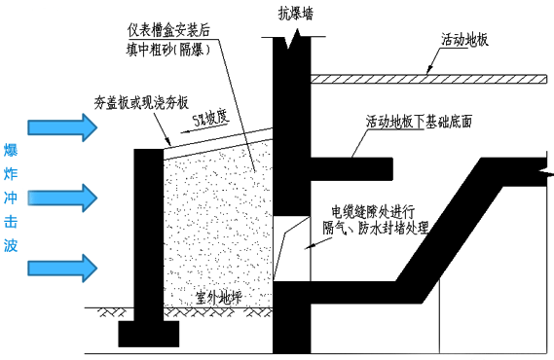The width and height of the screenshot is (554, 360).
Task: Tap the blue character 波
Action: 11,245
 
